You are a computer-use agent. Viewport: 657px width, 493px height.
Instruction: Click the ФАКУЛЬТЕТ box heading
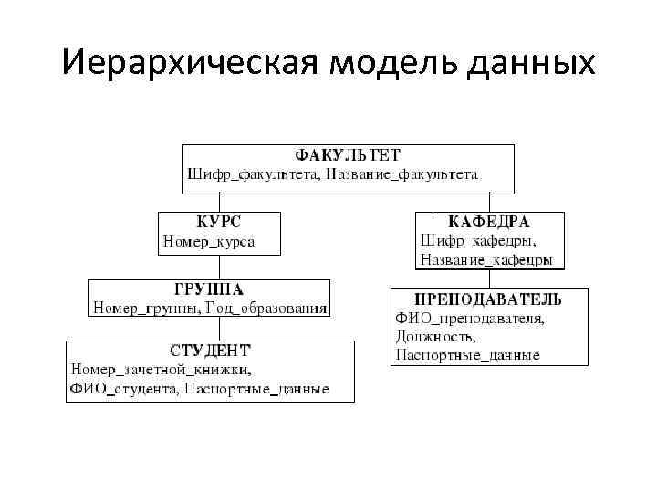(348, 155)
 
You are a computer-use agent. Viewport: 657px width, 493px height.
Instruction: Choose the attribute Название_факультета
(401, 173)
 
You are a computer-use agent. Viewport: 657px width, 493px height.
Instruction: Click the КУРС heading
(219, 222)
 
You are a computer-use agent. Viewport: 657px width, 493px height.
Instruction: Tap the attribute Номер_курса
(208, 242)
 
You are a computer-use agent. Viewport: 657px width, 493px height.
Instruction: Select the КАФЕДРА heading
(489, 222)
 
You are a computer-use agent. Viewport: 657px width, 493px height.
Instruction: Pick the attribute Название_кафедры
(485, 260)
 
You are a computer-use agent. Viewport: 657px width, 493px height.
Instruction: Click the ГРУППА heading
(208, 289)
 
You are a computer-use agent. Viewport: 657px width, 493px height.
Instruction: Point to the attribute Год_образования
(270, 309)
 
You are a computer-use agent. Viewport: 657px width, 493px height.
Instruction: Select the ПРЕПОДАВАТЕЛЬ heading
(488, 299)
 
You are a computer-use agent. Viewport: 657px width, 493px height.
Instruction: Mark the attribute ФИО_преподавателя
(469, 318)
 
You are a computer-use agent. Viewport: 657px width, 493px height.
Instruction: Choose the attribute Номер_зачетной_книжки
(161, 370)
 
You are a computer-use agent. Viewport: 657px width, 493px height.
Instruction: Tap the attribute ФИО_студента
(122, 390)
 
